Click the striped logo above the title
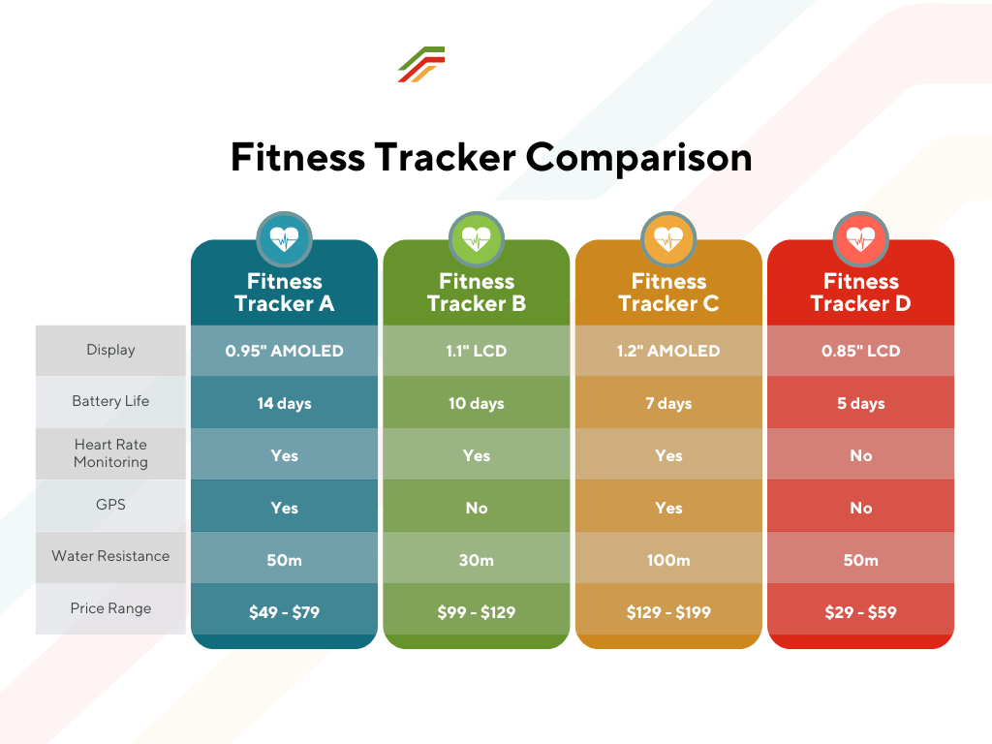(421, 64)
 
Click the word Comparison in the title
(639, 158)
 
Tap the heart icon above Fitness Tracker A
(284, 239)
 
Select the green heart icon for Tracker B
(477, 239)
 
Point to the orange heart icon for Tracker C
(668, 239)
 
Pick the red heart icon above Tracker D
(861, 239)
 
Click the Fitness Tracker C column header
(668, 293)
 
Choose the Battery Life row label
(110, 401)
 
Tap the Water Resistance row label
(110, 556)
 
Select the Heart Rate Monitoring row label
(110, 453)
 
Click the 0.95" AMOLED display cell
(284, 351)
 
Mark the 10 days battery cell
(477, 404)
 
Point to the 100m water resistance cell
(668, 560)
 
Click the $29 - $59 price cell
(861, 612)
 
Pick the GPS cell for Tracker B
(477, 508)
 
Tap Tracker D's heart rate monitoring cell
(861, 455)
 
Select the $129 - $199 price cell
(668, 612)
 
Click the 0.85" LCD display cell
(861, 351)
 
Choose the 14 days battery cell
(284, 404)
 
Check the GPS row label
(110, 504)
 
